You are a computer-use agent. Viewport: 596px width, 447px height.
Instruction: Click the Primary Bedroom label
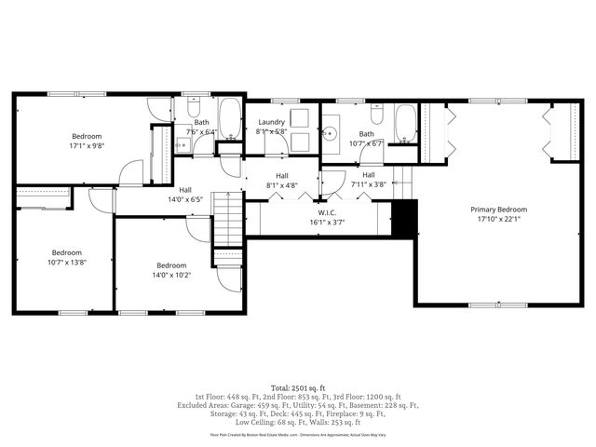pyautogui.click(x=498, y=210)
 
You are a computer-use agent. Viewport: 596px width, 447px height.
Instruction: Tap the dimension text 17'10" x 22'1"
pyautogui.click(x=498, y=220)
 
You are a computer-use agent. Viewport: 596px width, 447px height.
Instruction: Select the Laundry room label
pyautogui.click(x=271, y=122)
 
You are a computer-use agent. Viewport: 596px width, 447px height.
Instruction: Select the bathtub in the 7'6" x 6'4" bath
pyautogui.click(x=230, y=121)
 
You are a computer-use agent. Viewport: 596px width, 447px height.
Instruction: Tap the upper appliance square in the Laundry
pyautogui.click(x=300, y=118)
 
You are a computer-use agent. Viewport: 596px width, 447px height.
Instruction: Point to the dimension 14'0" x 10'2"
pyautogui.click(x=171, y=276)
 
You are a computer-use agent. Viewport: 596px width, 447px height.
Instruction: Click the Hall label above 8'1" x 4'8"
pyautogui.click(x=281, y=175)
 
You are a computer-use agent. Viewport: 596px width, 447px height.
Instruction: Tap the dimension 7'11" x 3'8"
pyautogui.click(x=368, y=185)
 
